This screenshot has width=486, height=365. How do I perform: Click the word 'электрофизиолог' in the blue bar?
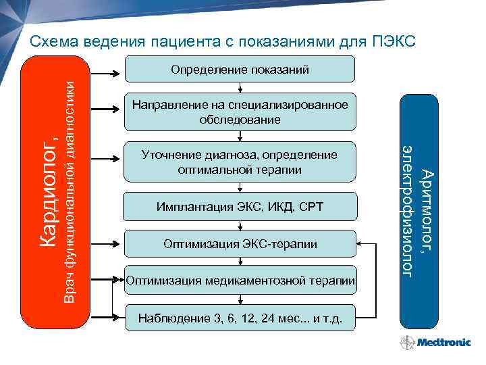point(408,210)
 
